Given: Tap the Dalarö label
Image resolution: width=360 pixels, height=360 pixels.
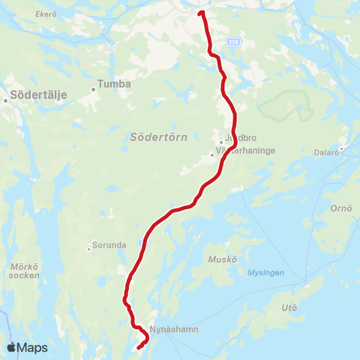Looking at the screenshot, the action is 327,151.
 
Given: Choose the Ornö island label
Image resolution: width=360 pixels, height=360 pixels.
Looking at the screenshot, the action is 341,208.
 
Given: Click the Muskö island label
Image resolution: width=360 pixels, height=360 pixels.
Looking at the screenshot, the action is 225,259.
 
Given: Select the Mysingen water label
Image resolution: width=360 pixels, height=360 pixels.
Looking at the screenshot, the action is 266,272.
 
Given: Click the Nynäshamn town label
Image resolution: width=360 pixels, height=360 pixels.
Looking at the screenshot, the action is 173,329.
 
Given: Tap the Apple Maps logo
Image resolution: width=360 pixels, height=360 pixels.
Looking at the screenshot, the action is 27,348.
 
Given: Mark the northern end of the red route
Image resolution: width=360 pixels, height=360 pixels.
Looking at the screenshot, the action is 201,13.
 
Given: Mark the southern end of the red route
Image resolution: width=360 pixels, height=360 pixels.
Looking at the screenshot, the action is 139,346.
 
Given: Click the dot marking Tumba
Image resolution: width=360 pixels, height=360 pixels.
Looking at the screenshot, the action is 94,89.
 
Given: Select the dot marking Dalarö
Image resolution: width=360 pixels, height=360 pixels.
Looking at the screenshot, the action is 341,148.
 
